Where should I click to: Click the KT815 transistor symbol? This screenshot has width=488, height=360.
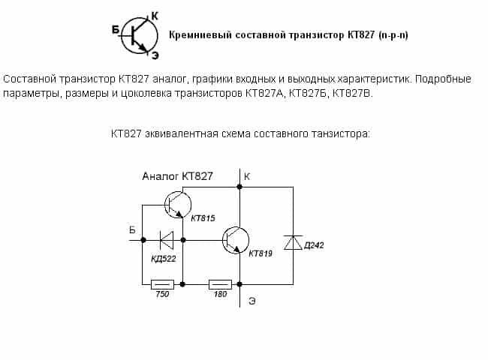[177, 204]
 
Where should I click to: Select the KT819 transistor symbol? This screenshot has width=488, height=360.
[235, 240]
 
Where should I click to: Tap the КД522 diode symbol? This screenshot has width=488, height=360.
[166, 240]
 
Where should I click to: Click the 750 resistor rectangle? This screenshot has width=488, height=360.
[163, 284]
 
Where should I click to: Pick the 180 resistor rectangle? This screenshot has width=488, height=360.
[220, 284]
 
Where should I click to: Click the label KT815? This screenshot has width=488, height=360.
[203, 218]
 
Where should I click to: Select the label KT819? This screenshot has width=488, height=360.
[260, 254]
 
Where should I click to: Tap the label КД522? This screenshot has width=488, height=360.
[164, 259]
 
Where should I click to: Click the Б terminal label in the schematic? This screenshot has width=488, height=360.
[132, 229]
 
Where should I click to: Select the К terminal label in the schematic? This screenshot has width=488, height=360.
[248, 176]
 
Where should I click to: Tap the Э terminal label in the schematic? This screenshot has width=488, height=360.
[252, 301]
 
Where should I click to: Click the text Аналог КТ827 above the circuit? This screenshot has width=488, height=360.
[177, 176]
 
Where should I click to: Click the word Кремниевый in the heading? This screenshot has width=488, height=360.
[197, 35]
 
